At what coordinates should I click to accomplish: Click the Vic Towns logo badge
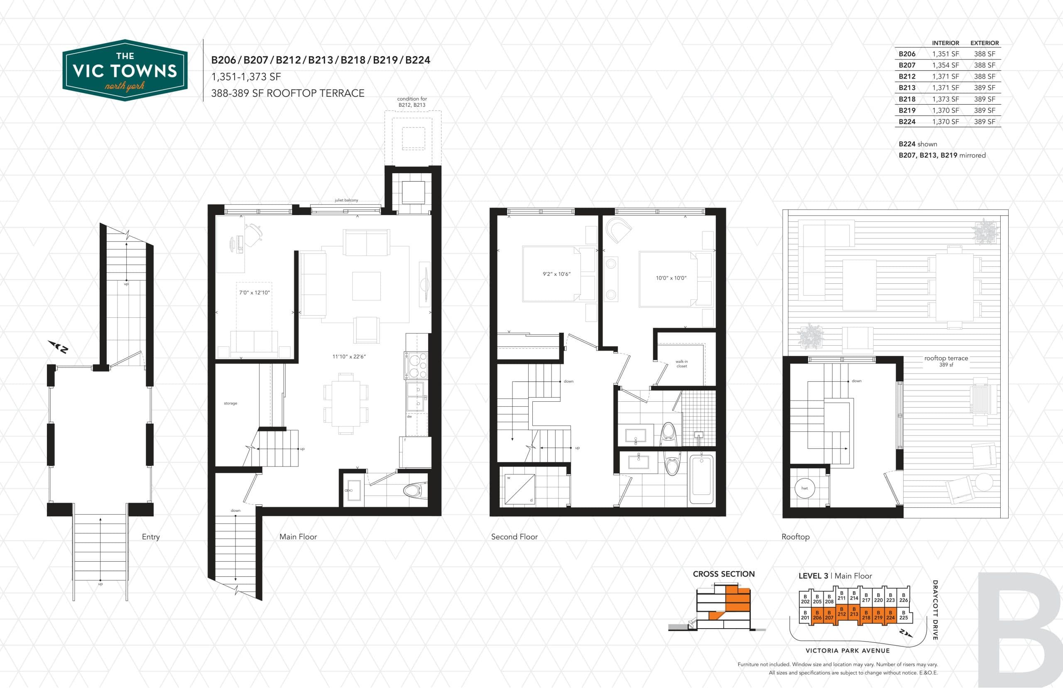[x=125, y=70]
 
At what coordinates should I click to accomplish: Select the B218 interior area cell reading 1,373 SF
[x=945, y=99]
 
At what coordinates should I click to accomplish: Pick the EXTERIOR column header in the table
[x=985, y=43]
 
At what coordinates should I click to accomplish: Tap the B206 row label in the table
[x=907, y=54]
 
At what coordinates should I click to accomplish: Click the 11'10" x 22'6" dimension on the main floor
[x=349, y=356]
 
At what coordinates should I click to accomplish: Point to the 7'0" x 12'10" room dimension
[x=254, y=292]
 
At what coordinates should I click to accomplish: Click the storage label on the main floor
[x=230, y=403]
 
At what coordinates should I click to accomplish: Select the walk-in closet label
[x=681, y=364]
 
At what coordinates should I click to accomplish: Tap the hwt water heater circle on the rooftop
[x=804, y=488]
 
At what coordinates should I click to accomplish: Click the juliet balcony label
[x=346, y=200]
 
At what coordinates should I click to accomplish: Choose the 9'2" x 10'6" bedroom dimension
[x=556, y=274]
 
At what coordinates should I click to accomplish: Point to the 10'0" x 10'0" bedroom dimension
[x=671, y=278]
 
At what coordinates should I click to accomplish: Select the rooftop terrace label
[x=946, y=359]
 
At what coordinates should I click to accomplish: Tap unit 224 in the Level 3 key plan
[x=890, y=615]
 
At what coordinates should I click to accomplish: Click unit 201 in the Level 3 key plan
[x=805, y=615]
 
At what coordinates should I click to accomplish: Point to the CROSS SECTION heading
[x=724, y=574]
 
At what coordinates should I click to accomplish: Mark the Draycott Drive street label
[x=935, y=610]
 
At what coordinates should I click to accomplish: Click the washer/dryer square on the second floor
[x=520, y=489]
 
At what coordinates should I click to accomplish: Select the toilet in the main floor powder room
[x=415, y=491]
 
